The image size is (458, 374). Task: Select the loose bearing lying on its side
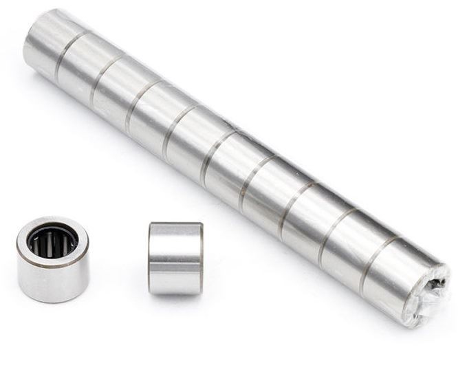175,258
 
